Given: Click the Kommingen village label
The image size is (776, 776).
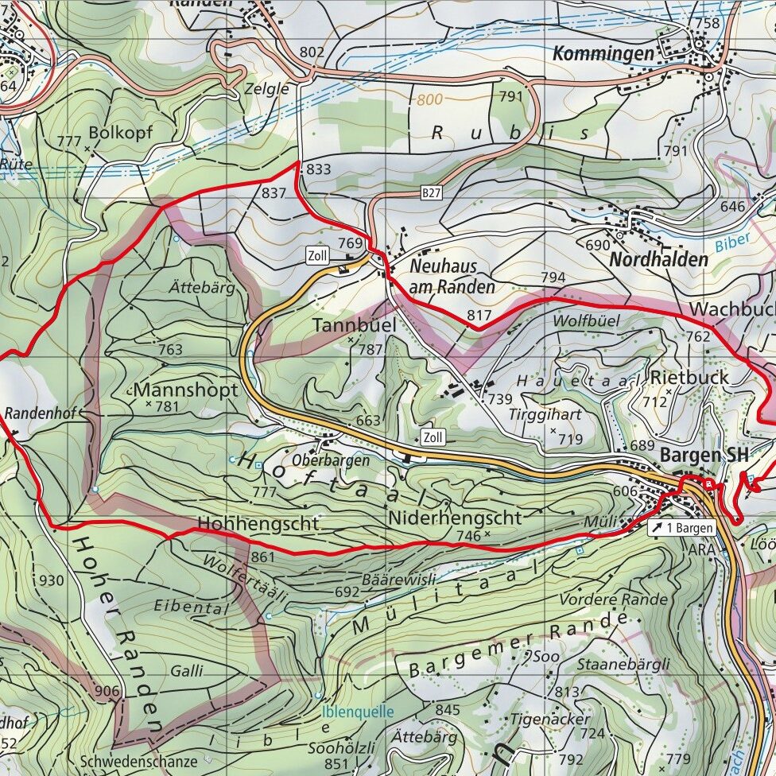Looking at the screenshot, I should (603, 53).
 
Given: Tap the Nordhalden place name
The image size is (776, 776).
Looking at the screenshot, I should (658, 259).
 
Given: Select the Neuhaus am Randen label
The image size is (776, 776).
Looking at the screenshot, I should (452, 276).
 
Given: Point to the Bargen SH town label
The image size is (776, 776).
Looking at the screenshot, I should (704, 456).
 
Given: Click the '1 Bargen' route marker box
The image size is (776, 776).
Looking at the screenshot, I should (682, 528).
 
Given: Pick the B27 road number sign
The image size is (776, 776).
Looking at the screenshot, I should (432, 192).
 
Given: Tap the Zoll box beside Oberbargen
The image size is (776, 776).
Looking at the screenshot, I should (433, 437).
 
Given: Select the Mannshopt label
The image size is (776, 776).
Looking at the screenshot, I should (186, 390).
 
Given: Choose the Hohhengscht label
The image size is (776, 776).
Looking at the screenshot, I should (258, 523).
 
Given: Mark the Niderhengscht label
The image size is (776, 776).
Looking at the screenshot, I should (456, 518).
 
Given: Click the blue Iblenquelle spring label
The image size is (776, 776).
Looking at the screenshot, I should (357, 712).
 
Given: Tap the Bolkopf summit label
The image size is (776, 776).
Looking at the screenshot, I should (121, 131).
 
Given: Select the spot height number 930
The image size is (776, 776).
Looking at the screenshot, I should (51, 580).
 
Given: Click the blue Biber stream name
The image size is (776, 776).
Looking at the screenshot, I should (731, 243).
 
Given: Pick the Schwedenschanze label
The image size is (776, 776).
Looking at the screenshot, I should (138, 761).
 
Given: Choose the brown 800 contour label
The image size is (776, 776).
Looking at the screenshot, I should (428, 101).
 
